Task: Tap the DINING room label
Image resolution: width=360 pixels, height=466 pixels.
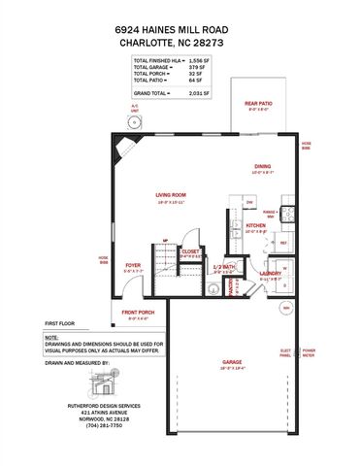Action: [263, 166]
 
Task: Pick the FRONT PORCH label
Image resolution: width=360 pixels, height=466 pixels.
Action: [138, 313]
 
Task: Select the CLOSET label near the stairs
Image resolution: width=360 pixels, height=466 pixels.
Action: [190, 250]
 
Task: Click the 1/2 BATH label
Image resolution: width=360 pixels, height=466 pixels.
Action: [224, 266]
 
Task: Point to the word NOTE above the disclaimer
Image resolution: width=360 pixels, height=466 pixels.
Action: [50, 336]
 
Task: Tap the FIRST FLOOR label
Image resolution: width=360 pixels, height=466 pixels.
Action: [59, 322]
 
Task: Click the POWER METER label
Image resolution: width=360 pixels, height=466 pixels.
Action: [309, 352]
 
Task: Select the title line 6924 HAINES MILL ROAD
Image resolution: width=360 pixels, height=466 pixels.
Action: [180, 31]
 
